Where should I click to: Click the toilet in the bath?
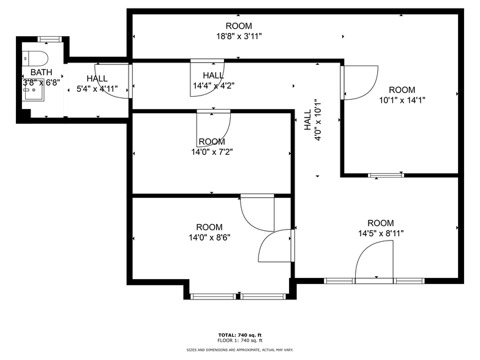click(x=38, y=59)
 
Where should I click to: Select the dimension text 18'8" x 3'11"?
click(x=238, y=36)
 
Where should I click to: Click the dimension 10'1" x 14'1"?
click(x=402, y=100)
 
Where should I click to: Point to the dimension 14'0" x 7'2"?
click(x=212, y=152)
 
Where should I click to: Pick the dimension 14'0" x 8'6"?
click(x=209, y=237)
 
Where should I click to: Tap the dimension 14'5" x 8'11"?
click(x=381, y=233)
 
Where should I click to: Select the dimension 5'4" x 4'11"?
click(x=97, y=88)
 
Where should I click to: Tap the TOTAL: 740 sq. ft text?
click(x=240, y=335)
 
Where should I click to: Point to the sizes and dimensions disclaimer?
click(x=240, y=350)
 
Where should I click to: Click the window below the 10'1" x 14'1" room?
click(x=386, y=176)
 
